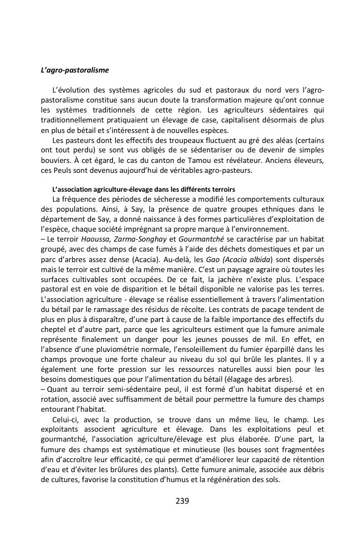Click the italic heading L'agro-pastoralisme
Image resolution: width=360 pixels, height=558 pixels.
click(75, 70)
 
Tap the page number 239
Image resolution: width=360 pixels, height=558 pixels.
click(182, 501)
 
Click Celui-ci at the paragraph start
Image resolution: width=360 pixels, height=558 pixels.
click(65, 419)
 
